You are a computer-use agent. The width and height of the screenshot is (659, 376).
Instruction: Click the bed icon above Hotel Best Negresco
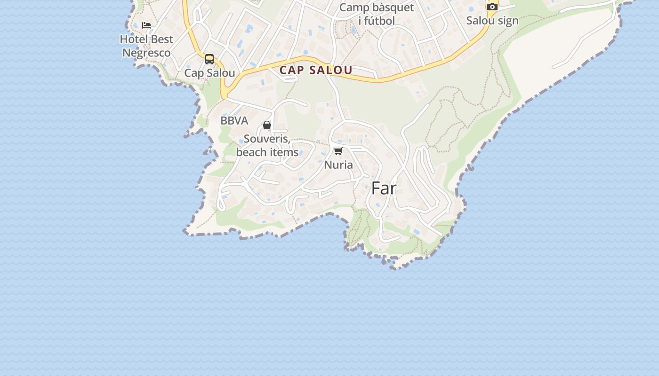(146, 25)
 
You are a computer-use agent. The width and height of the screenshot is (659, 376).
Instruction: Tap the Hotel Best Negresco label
(146, 46)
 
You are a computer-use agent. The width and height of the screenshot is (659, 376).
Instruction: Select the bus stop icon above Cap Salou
(209, 59)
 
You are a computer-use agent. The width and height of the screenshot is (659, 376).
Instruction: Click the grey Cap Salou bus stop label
(209, 73)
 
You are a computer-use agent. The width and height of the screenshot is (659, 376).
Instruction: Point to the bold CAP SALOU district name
(316, 70)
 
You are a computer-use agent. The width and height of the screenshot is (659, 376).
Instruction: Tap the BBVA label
(234, 121)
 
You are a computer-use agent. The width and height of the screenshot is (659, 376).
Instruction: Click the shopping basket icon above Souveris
(267, 125)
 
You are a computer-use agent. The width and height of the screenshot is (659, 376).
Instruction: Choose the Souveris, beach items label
(267, 146)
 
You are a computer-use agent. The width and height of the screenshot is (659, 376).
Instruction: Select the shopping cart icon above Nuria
(338, 151)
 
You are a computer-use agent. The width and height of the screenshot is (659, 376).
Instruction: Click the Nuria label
(338, 165)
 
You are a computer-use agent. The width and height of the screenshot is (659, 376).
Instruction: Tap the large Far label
(384, 188)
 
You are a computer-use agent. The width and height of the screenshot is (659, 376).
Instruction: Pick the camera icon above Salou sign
(492, 7)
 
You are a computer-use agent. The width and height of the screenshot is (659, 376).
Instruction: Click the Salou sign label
(492, 21)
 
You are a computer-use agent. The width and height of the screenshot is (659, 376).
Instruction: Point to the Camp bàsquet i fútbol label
(377, 14)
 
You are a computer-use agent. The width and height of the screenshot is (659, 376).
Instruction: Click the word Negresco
(146, 53)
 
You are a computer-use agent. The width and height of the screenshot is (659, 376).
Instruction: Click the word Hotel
(134, 39)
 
